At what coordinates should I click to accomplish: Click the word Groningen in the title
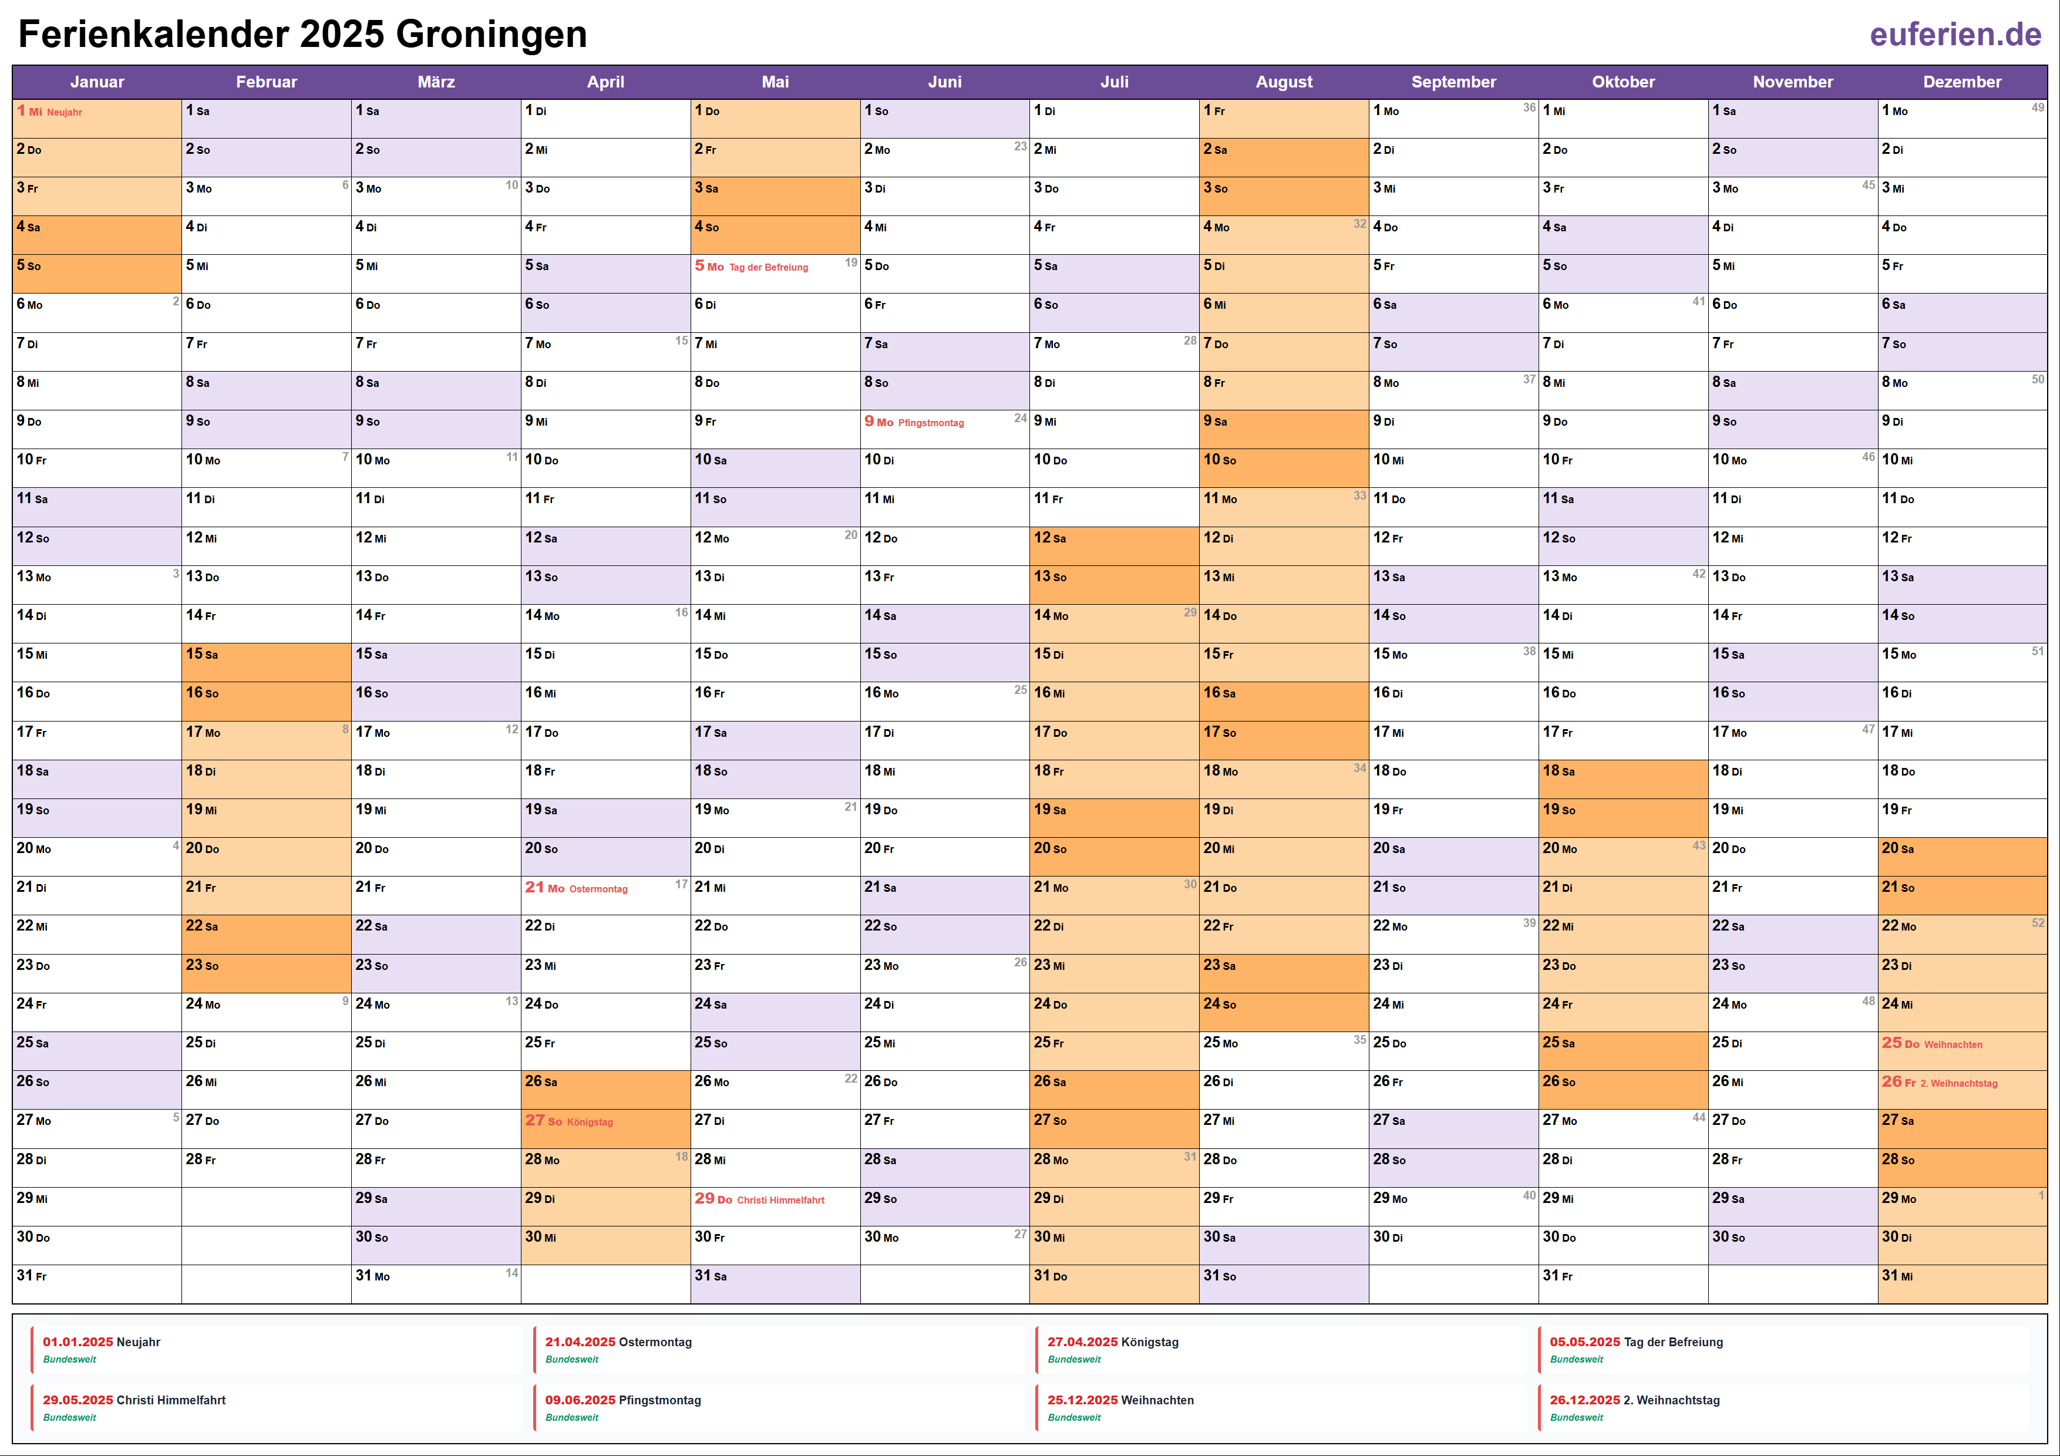[x=491, y=34]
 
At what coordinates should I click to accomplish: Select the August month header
[x=1283, y=82]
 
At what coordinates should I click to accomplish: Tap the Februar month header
[x=267, y=82]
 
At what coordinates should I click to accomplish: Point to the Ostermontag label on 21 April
[x=598, y=889]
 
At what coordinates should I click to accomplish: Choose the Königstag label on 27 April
[x=590, y=1123]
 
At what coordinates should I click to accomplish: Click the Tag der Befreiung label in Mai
[x=768, y=267]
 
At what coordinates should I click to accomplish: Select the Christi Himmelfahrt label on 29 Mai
[x=780, y=1201]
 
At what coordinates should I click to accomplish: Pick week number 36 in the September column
[x=1529, y=107]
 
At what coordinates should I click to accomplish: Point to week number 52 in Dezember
[x=2038, y=923]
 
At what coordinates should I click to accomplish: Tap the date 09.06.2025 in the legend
[x=581, y=1400]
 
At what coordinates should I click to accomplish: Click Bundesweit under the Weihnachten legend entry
[x=1074, y=1417]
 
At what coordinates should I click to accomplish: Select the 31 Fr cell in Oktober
[x=1622, y=1276]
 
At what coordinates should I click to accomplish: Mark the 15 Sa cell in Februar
[x=265, y=654]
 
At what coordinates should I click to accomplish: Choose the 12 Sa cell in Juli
[x=1113, y=537]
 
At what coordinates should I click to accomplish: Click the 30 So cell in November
[x=1792, y=1237]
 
